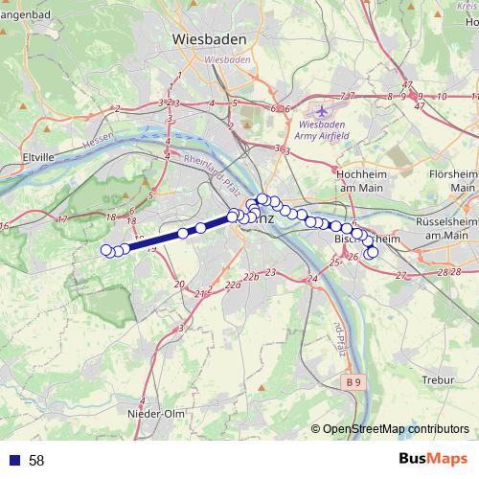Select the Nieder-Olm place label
(x=154, y=413)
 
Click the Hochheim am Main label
(x=361, y=180)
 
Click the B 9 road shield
(x=354, y=382)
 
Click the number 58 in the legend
(x=36, y=460)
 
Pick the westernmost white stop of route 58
(x=106, y=250)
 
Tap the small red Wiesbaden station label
(x=227, y=58)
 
